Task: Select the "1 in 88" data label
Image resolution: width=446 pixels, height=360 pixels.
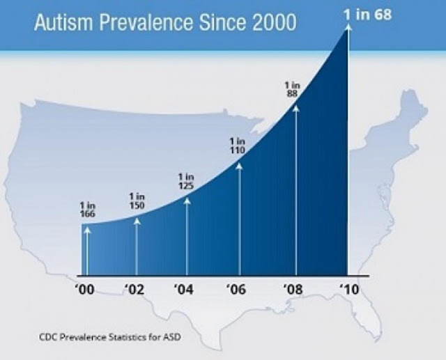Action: [293, 90]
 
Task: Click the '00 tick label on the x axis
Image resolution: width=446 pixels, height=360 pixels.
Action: [86, 290]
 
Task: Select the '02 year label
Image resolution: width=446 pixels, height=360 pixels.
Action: [137, 290]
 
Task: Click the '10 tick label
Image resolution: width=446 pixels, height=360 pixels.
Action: [348, 290]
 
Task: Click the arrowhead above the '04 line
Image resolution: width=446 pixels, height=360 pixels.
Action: [187, 200]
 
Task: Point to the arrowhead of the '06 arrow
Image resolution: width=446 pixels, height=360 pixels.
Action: [240, 165]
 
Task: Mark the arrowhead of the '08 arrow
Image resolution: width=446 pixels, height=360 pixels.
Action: [295, 107]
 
